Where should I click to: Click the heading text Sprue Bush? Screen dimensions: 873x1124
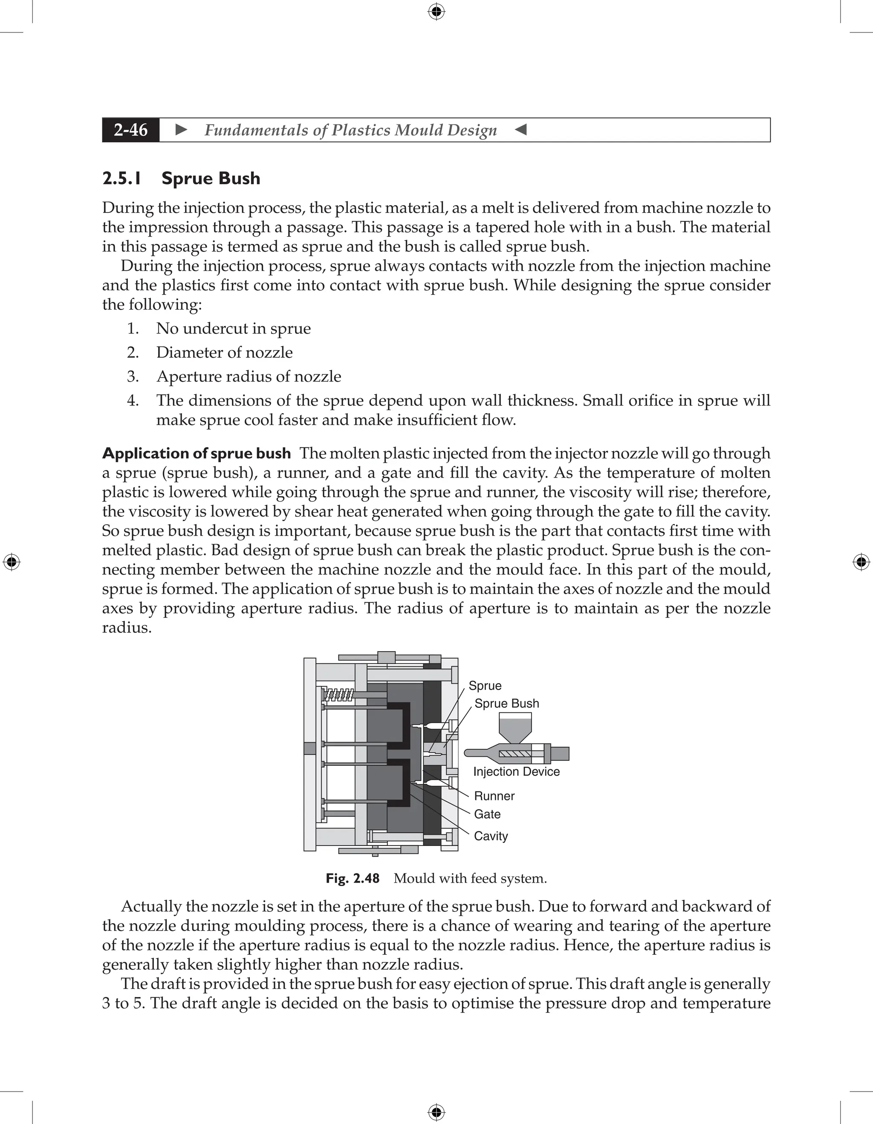pyautogui.click(x=211, y=179)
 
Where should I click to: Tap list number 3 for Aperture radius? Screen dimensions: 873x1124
pyautogui.click(x=133, y=376)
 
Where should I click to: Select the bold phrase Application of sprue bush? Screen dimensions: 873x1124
pyautogui.click(x=196, y=453)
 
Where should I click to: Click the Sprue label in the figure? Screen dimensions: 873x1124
pyautogui.click(x=485, y=686)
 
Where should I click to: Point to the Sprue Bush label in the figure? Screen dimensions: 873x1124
pyautogui.click(x=506, y=704)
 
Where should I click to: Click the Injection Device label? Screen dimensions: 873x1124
pyautogui.click(x=516, y=771)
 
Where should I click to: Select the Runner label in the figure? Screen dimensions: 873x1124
pyautogui.click(x=494, y=796)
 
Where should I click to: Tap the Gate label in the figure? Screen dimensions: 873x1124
pyautogui.click(x=487, y=814)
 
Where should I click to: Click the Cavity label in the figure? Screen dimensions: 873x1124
pyautogui.click(x=490, y=836)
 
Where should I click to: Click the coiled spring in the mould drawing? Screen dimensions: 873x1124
pyautogui.click(x=338, y=696)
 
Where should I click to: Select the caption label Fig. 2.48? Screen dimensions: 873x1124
pyautogui.click(x=353, y=878)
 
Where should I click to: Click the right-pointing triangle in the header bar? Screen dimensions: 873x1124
pyautogui.click(x=181, y=130)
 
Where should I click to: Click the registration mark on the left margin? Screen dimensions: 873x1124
pyautogui.click(x=12, y=562)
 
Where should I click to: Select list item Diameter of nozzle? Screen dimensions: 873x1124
pyautogui.click(x=224, y=353)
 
